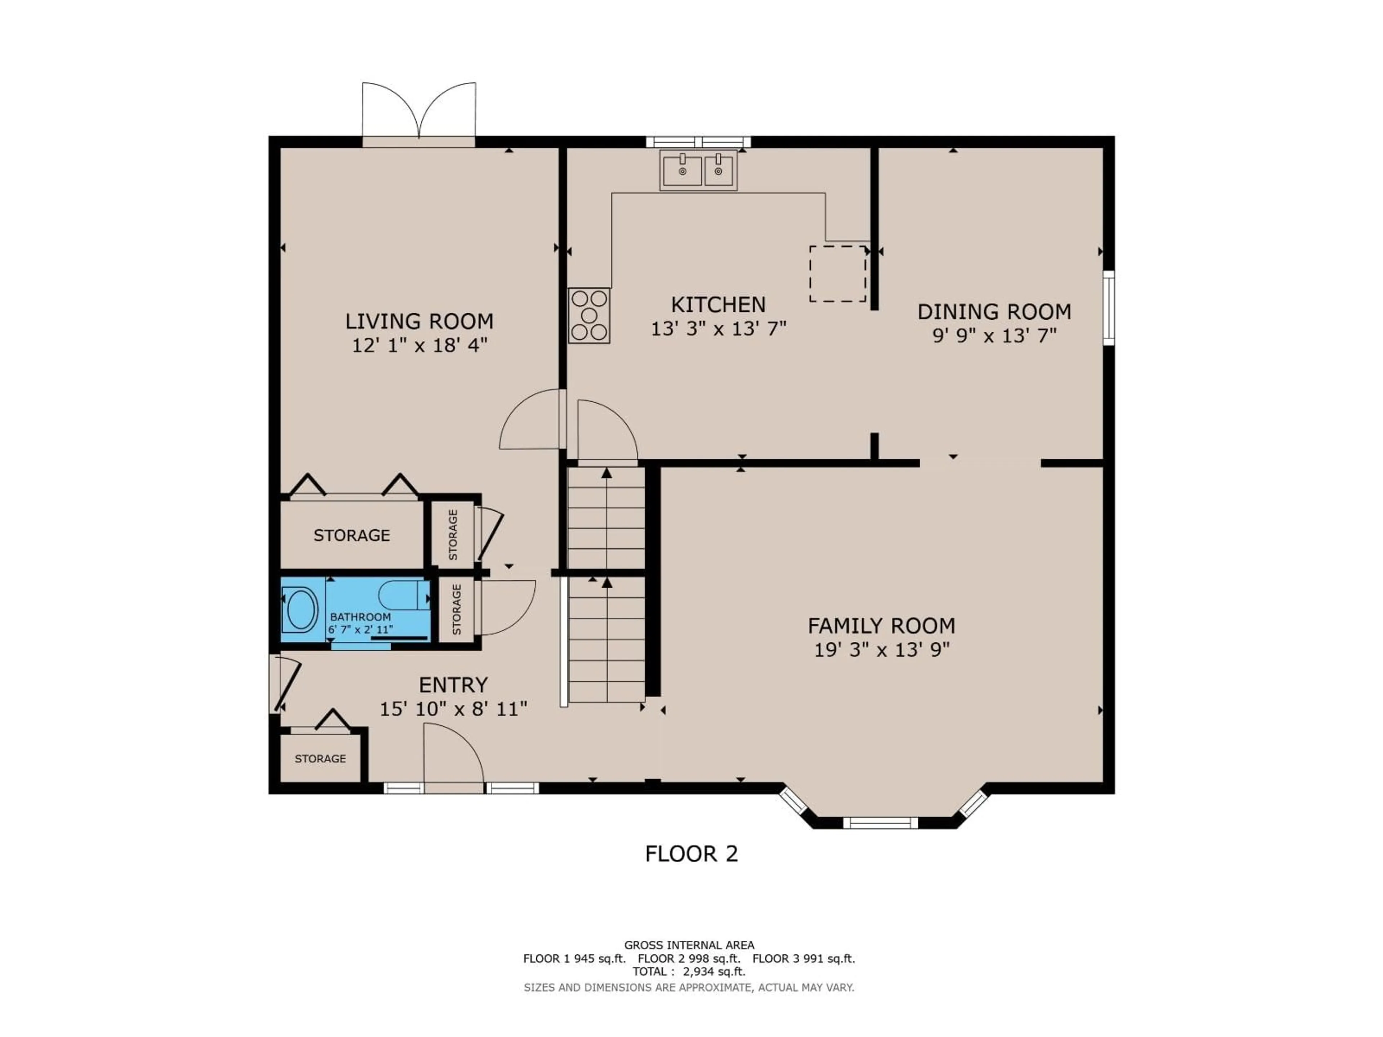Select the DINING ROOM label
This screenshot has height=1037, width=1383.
[x=994, y=311]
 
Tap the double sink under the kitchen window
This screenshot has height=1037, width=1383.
[x=698, y=170]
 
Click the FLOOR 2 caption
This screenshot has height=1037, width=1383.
[x=691, y=854]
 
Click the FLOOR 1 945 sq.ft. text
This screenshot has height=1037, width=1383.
[x=574, y=958]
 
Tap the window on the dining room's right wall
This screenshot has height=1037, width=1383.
[x=1109, y=307]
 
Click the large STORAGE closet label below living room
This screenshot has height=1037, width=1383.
[x=352, y=535]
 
